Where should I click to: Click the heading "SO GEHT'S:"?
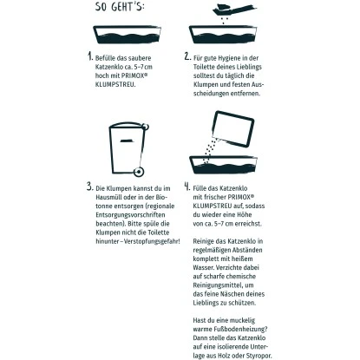[120, 6]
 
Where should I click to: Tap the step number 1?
[90, 56]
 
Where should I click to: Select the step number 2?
[187, 56]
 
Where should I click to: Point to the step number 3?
[89, 187]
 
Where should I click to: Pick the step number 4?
[187, 187]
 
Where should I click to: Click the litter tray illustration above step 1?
[127, 35]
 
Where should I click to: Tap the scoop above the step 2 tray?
[233, 10]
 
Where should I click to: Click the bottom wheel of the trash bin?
[139, 172]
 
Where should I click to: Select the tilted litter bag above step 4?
[233, 129]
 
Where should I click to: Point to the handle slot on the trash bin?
[126, 141]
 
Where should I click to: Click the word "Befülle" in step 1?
[105, 58]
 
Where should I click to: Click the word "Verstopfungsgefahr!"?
[152, 241]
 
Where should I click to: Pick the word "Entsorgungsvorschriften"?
[130, 215]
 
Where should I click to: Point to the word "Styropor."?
[259, 356]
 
